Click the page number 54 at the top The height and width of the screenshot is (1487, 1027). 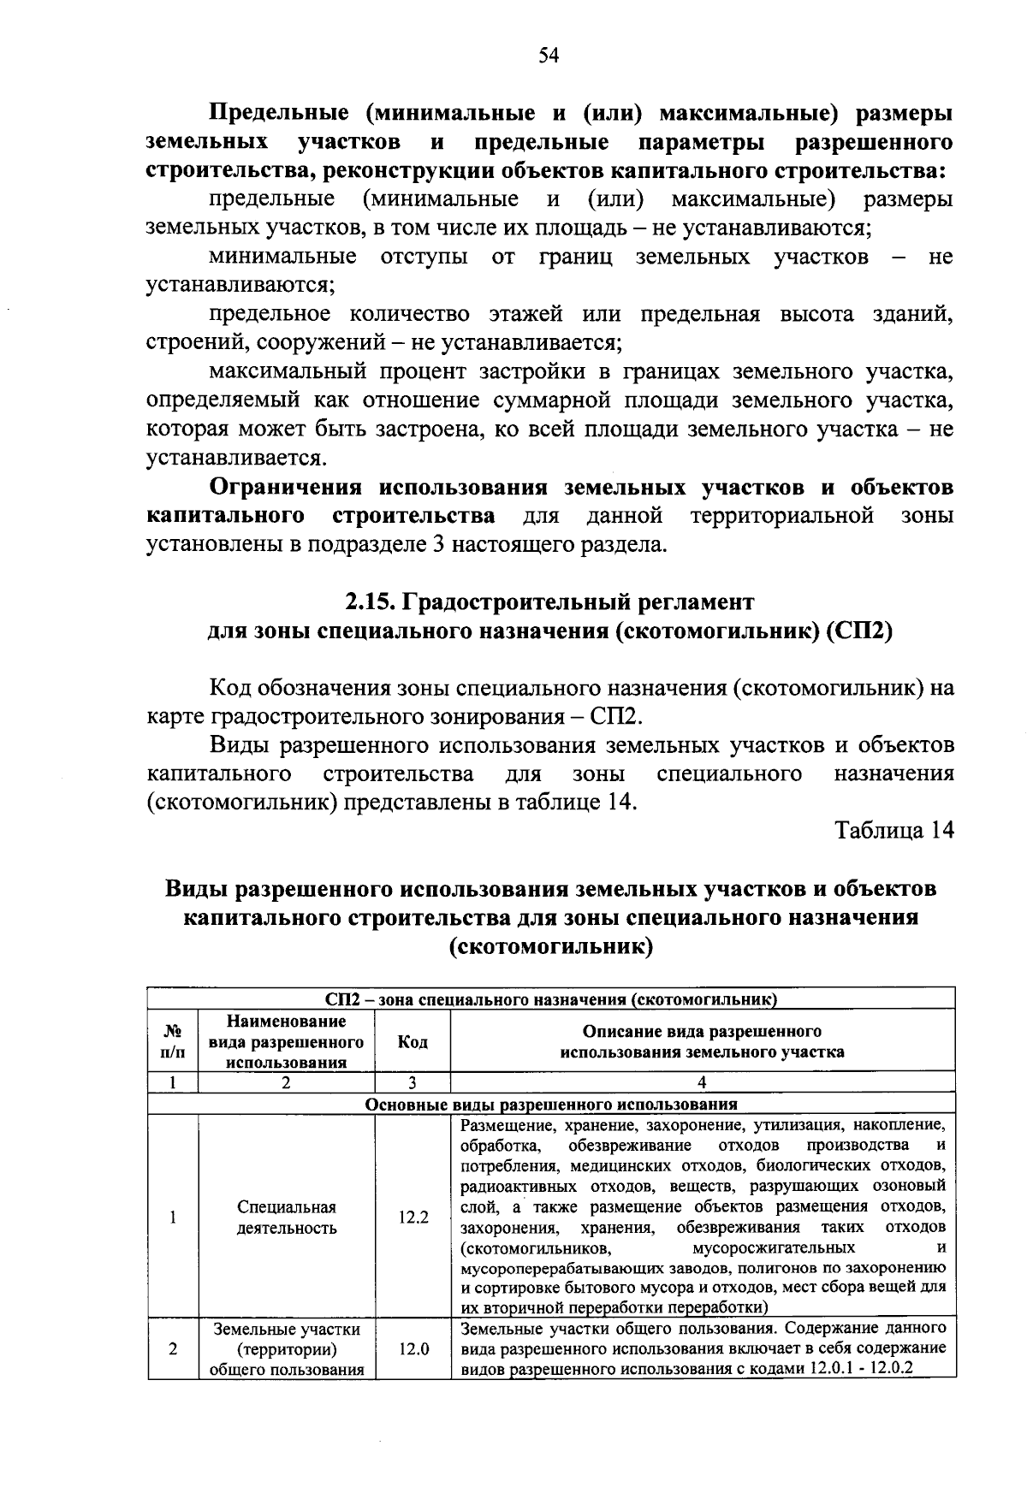coord(549,56)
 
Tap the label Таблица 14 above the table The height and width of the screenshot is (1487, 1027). coord(894,831)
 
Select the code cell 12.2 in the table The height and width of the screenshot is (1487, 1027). coord(413,1217)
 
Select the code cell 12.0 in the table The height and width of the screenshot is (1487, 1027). coord(413,1349)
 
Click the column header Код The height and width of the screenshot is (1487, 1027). coord(413,1041)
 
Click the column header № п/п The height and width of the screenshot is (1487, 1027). coord(173,1041)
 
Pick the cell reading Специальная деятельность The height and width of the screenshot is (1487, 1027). coord(286,1217)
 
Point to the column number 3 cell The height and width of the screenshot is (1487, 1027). coord(413,1082)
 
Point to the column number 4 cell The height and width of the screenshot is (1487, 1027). coord(702,1082)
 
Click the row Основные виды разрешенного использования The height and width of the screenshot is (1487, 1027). coord(551,1104)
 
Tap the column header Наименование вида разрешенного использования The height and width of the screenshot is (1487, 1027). coord(286,1041)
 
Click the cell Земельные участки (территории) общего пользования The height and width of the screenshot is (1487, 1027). coord(286,1349)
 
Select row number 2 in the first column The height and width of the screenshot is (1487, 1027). coord(173,1349)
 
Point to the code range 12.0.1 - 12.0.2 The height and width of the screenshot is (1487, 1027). coord(858,1368)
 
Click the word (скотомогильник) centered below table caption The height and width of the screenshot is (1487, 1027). coord(550,948)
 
